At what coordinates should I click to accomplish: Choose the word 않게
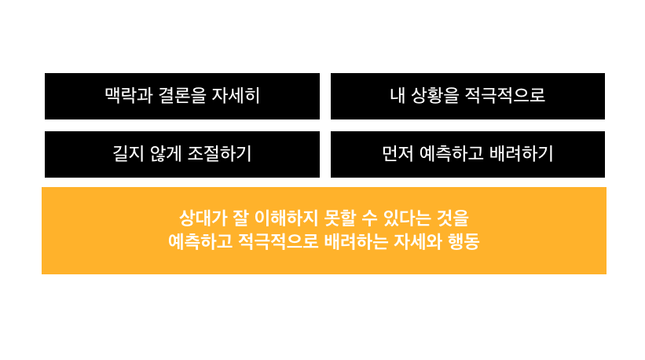click(166, 154)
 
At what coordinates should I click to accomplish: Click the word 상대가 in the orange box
click(201, 217)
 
